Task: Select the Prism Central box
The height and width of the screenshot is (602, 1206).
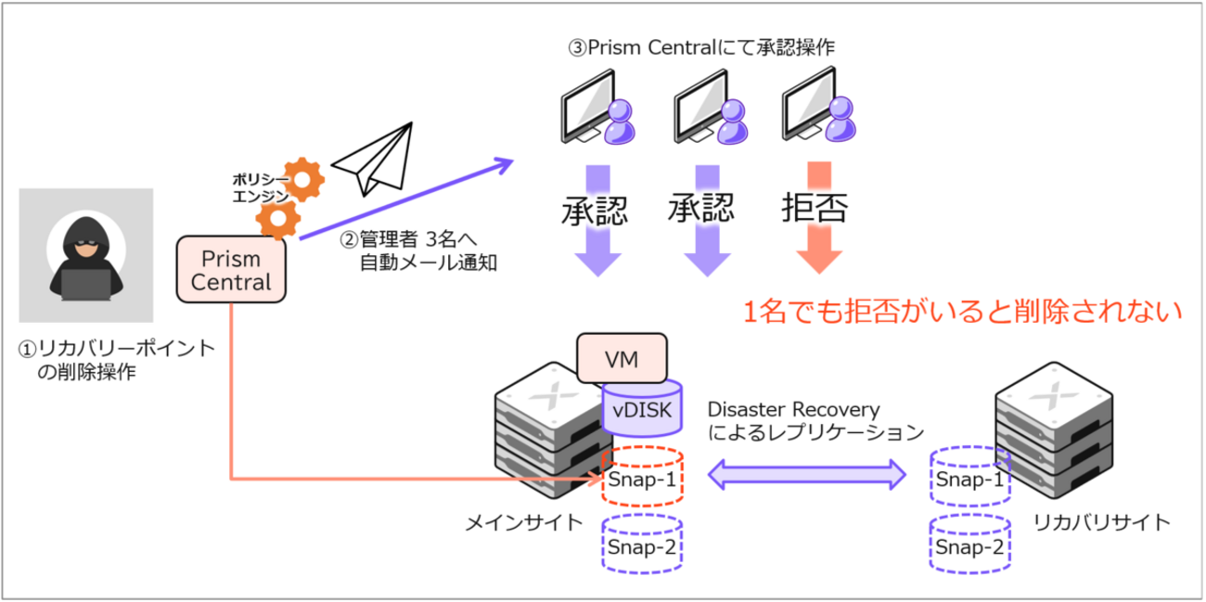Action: [x=232, y=268]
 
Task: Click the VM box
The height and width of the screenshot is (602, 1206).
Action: [x=621, y=358]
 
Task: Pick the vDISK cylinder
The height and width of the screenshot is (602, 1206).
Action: [x=642, y=407]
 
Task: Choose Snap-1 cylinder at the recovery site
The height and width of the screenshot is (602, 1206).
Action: [x=969, y=478]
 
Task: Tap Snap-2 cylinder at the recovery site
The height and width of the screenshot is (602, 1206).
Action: [x=969, y=544]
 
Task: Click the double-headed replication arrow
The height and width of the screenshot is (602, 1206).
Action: [x=806, y=475]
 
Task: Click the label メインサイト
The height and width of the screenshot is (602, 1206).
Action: [x=524, y=522]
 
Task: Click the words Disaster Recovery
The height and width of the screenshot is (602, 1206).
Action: [x=793, y=409]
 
